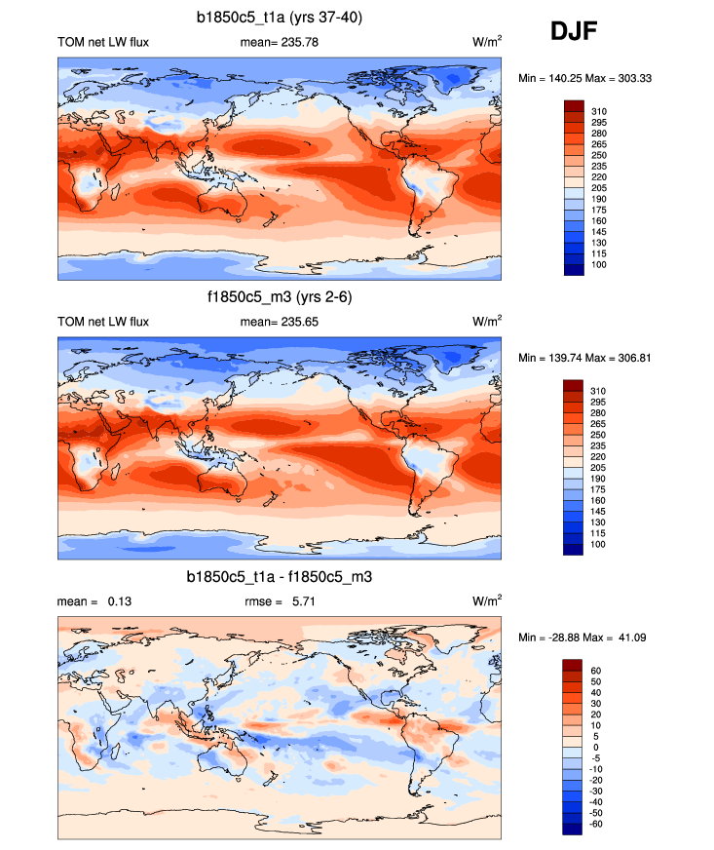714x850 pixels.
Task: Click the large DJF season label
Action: [573, 32]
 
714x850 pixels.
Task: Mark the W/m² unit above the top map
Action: [487, 42]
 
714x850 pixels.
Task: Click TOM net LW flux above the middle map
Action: [103, 321]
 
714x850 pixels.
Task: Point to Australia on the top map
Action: [221, 201]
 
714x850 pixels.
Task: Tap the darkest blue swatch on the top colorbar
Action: [573, 270]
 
